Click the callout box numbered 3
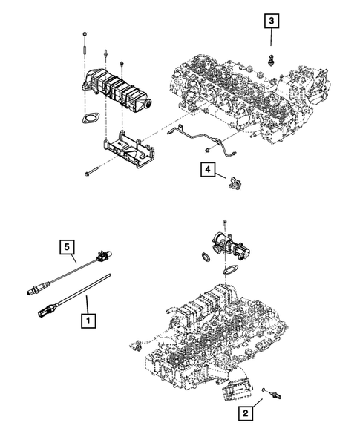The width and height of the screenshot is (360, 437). pyautogui.click(x=272, y=22)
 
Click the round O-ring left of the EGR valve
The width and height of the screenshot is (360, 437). pyautogui.click(x=202, y=257)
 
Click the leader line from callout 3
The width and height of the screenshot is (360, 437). pyautogui.click(x=272, y=39)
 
